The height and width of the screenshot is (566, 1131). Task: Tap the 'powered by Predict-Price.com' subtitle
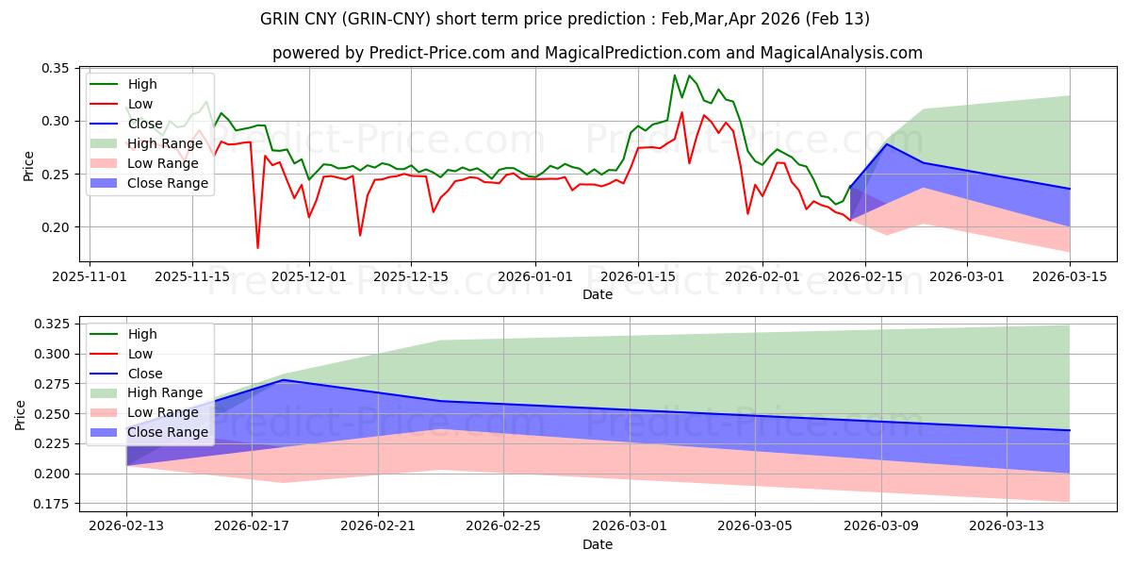pyautogui.click(x=598, y=53)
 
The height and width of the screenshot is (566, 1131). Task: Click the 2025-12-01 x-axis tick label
pyautogui.click(x=309, y=276)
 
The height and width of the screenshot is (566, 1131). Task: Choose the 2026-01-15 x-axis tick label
pyautogui.click(x=638, y=276)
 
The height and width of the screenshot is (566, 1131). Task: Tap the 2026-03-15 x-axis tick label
pyautogui.click(x=1069, y=276)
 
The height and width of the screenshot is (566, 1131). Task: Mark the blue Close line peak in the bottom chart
pyautogui.click(x=284, y=380)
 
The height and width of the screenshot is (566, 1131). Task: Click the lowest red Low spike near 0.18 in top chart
pyautogui.click(x=257, y=247)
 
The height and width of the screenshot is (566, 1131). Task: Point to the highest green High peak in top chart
pyautogui.click(x=675, y=75)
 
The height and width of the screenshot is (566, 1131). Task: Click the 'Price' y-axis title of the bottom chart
pyautogui.click(x=21, y=414)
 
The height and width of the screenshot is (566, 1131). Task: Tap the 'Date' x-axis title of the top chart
pyautogui.click(x=598, y=294)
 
